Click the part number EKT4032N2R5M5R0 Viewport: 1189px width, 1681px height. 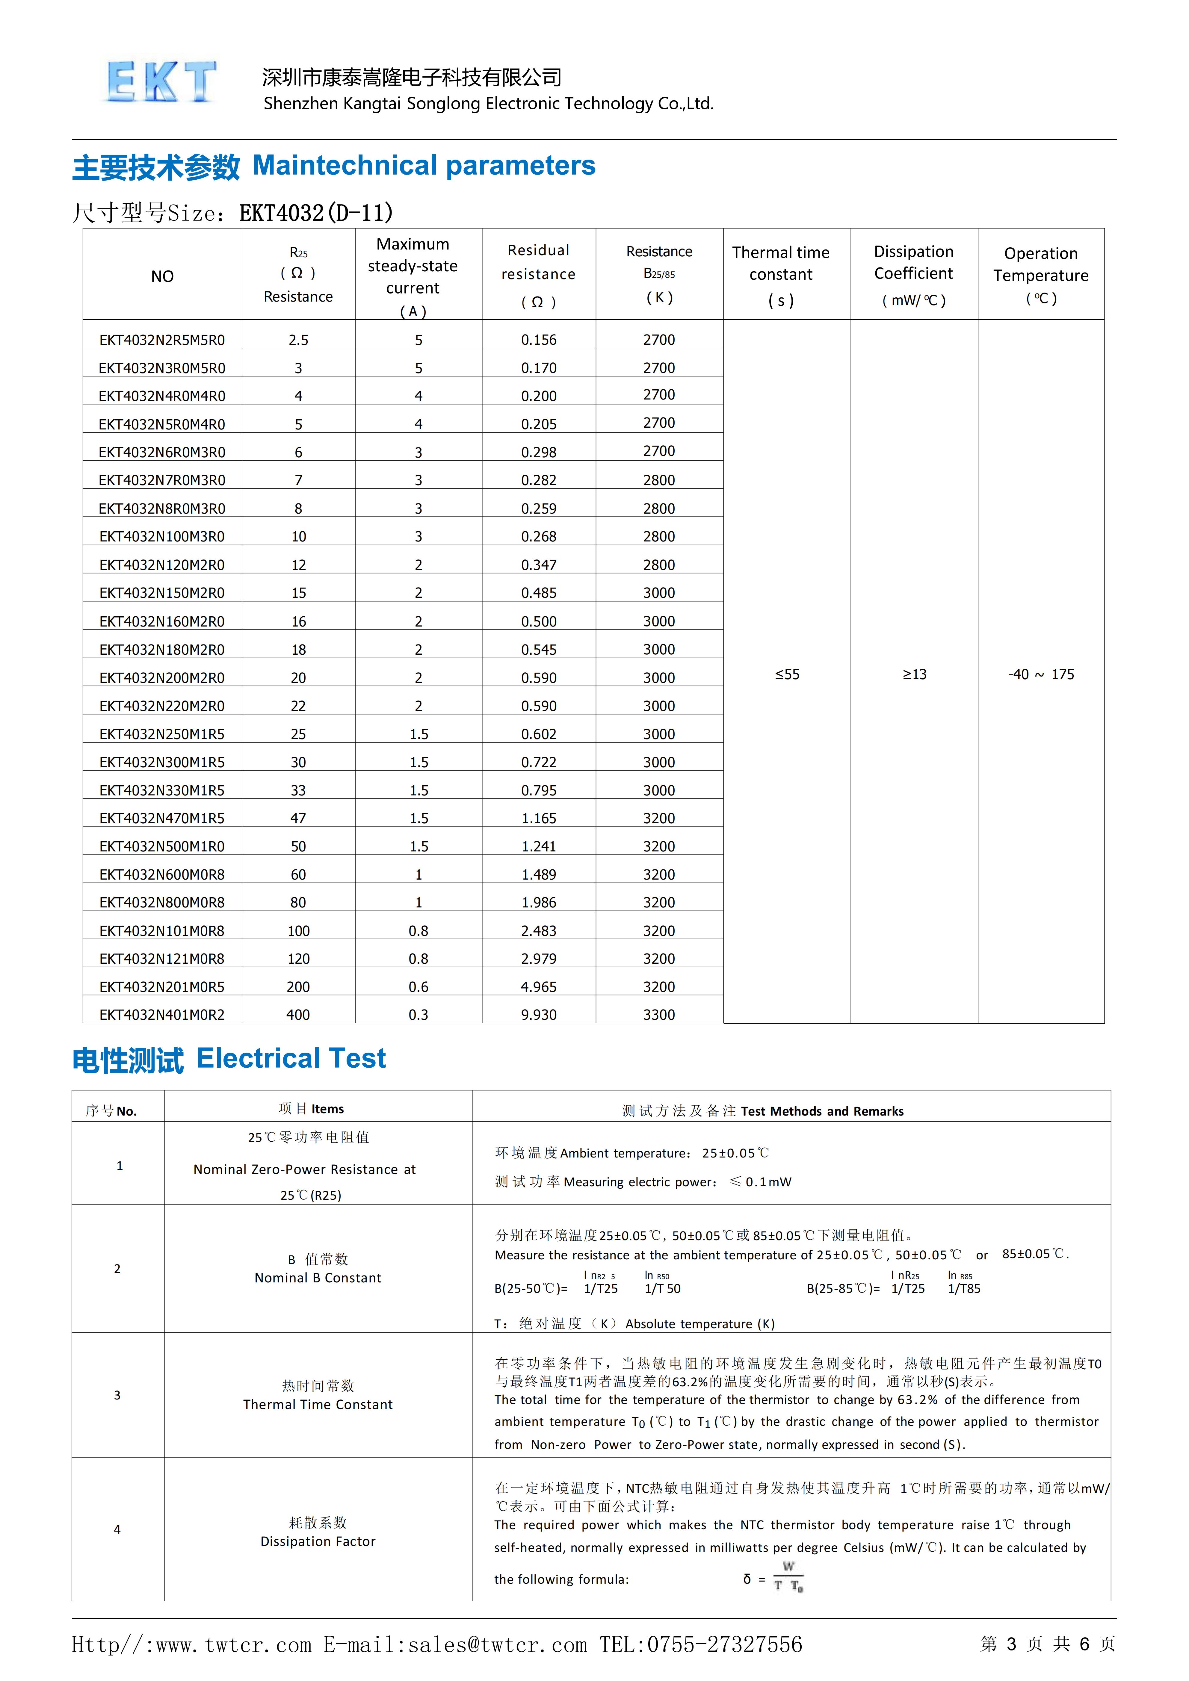point(162,340)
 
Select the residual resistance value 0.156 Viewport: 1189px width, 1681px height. point(539,340)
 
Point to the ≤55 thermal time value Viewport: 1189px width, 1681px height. point(787,674)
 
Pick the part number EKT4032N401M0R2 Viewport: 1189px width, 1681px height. point(162,1015)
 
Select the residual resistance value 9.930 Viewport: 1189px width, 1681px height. point(539,1015)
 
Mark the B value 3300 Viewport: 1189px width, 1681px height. point(659,1015)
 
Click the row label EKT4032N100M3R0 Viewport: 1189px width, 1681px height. point(162,537)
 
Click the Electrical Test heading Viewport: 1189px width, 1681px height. point(291,1059)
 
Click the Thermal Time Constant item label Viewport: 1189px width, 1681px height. point(318,1404)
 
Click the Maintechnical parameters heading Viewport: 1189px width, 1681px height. point(424,166)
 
